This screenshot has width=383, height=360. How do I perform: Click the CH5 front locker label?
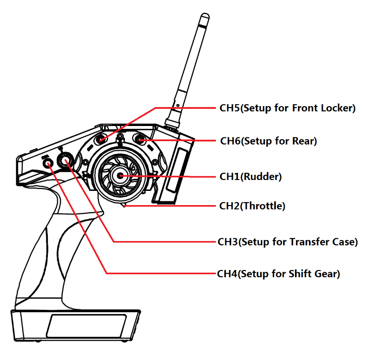[x=287, y=108]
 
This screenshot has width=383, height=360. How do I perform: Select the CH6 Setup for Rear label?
[x=269, y=141]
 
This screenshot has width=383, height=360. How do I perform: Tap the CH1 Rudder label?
[x=250, y=177]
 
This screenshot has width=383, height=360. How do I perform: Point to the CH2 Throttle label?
[x=252, y=206]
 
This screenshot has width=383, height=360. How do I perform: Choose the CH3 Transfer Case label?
[x=287, y=242]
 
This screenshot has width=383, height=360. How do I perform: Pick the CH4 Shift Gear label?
[x=278, y=274]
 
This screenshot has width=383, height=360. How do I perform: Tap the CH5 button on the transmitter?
[x=103, y=139]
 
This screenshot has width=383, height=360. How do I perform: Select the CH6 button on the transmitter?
[x=140, y=139]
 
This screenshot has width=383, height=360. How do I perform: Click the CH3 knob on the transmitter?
[x=64, y=161]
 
